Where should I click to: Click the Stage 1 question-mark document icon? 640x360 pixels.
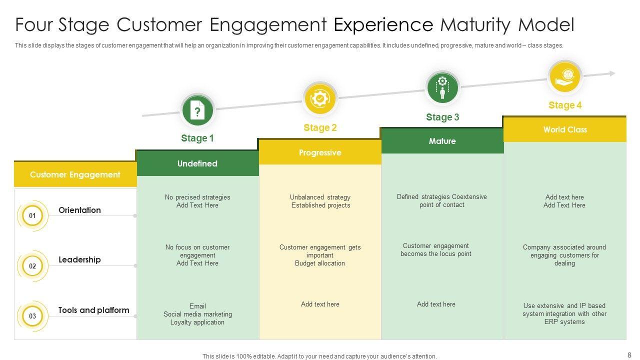(197, 111)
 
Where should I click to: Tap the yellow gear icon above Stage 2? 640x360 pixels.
(320, 98)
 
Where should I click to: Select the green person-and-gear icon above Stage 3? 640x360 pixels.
(442, 87)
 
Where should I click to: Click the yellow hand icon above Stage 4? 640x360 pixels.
(564, 77)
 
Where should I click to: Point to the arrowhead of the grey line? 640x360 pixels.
(612, 73)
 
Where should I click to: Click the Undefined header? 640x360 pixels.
(197, 163)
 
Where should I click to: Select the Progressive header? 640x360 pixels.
(320, 152)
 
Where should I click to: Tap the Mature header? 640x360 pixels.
(442, 141)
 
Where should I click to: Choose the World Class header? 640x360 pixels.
(565, 129)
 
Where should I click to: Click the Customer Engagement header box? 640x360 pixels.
(75, 174)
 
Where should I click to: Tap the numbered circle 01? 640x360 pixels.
(32, 216)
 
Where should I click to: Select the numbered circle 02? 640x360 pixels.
(32, 266)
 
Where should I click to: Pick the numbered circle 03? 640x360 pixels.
(32, 316)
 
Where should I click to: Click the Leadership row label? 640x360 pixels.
(79, 259)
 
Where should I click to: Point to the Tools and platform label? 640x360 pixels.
(93, 310)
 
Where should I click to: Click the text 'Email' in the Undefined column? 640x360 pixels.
(197, 306)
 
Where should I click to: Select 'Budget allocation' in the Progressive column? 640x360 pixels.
(320, 263)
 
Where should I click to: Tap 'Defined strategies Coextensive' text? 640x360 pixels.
(442, 196)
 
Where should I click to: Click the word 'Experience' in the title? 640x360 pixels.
(383, 24)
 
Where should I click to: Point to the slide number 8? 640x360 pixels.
(629, 355)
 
